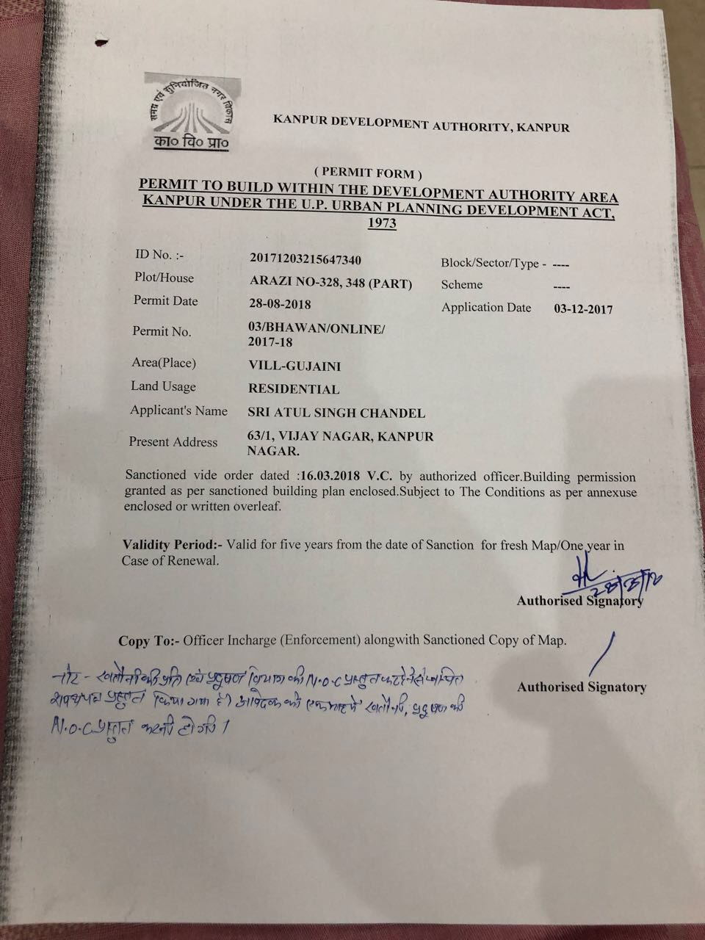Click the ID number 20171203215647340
tap(305, 259)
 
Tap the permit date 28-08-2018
tap(280, 304)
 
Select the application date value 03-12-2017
tap(582, 309)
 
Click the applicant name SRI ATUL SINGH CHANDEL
tap(337, 413)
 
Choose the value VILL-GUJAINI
tap(294, 366)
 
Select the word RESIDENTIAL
tap(294, 389)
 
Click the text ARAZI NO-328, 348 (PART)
tap(330, 283)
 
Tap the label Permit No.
tap(162, 331)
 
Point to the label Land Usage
tap(163, 386)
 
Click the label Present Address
tap(173, 441)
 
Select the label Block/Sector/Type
tap(493, 264)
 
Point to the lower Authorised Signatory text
tap(581, 687)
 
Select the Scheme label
tap(462, 285)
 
